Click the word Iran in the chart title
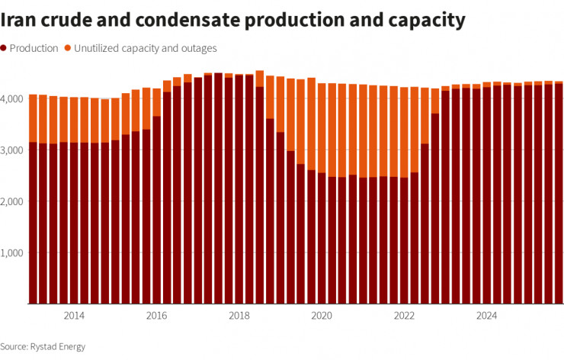[x=18, y=20]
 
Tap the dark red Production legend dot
[x=4, y=48]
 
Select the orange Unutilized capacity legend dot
[x=67, y=48]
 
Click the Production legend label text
[x=34, y=48]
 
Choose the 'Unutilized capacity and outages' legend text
[x=145, y=48]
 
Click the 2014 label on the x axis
[x=74, y=315]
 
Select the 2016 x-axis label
[x=156, y=315]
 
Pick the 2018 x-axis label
[x=239, y=315]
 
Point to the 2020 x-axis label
[x=321, y=315]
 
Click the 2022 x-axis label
[x=404, y=315]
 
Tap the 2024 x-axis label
[x=486, y=315]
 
